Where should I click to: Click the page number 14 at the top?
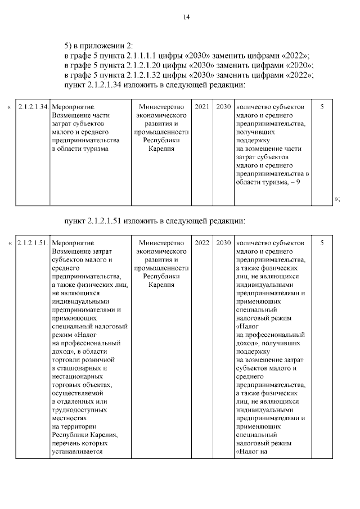click(x=186, y=17)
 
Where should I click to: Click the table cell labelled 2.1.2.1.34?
click(x=32, y=107)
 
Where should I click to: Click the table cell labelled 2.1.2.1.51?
click(x=32, y=243)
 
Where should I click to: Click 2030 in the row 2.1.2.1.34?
click(x=223, y=107)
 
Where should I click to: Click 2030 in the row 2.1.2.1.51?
click(x=223, y=243)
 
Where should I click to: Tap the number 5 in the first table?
click(x=322, y=107)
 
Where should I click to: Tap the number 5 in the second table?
click(x=322, y=243)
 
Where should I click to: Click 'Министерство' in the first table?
click(x=161, y=107)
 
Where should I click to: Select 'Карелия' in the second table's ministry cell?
click(x=161, y=285)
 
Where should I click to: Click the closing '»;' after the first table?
click(x=337, y=198)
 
